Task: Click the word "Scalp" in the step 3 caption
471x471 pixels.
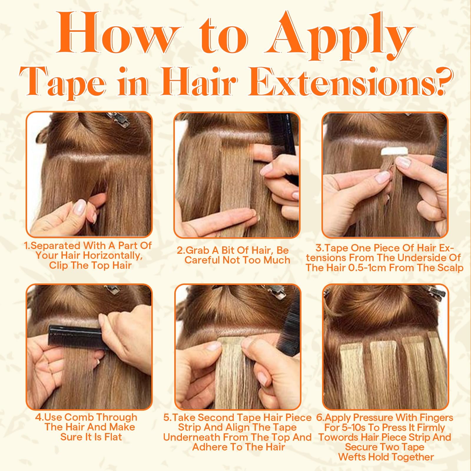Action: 450,268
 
